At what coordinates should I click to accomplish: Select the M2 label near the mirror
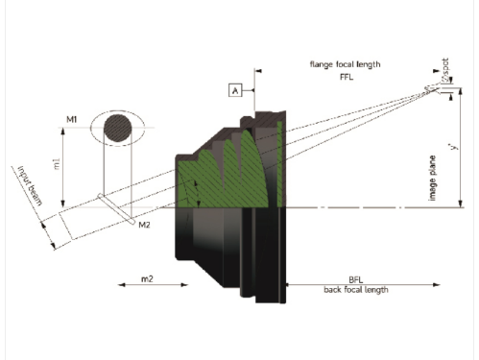click(x=144, y=225)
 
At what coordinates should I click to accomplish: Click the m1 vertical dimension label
click(x=57, y=166)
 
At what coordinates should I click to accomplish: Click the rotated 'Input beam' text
click(x=29, y=184)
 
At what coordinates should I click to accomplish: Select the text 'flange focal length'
click(x=345, y=63)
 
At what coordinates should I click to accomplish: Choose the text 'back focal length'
click(x=355, y=290)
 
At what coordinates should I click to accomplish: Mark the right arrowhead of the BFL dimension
click(x=436, y=284)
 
